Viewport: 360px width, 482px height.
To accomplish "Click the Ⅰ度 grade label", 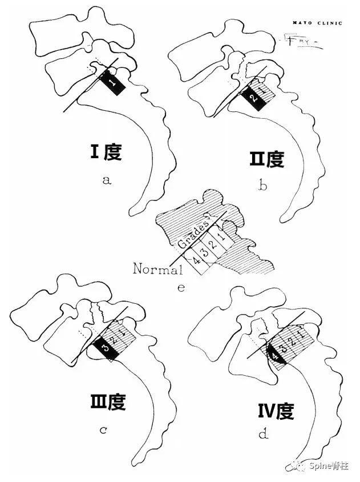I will (x=106, y=152).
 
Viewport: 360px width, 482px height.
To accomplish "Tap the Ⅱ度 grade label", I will (x=266, y=158).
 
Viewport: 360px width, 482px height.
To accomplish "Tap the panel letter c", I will (x=104, y=429).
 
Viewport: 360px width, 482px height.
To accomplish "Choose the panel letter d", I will (x=264, y=435).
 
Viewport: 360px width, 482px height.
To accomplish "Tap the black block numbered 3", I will (x=105, y=347).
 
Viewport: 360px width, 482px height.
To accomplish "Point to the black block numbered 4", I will (x=276, y=356).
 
